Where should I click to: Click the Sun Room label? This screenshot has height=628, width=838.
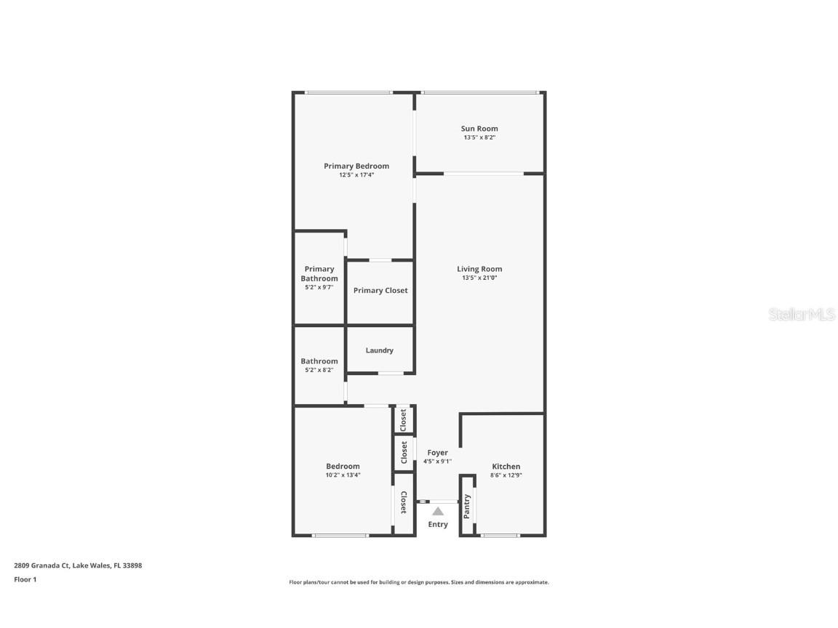[479, 129]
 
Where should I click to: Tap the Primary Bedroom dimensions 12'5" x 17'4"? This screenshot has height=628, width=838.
[356, 175]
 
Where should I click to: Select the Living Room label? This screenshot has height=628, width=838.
[479, 269]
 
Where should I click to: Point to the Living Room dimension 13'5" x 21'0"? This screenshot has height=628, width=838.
[479, 278]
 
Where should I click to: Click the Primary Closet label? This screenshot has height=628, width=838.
[380, 291]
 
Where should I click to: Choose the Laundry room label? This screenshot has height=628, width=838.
[379, 350]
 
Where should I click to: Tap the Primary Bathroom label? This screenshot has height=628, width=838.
[319, 274]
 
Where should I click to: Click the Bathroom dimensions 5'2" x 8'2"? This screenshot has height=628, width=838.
[319, 370]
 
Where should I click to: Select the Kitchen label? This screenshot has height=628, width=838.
[506, 467]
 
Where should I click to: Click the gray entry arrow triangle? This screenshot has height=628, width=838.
[438, 512]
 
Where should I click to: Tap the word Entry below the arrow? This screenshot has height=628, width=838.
[438, 524]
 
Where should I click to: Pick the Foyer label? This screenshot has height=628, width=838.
[438, 453]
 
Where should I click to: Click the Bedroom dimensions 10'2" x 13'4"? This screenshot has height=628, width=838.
[343, 475]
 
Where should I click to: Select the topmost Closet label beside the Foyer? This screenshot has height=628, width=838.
[404, 419]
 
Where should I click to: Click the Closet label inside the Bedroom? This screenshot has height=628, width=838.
[403, 502]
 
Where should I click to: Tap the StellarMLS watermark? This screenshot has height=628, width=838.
[803, 315]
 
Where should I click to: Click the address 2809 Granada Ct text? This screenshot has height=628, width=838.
[41, 565]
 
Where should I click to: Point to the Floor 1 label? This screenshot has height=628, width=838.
[25, 579]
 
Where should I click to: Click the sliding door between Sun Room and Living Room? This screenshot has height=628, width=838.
[483, 173]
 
